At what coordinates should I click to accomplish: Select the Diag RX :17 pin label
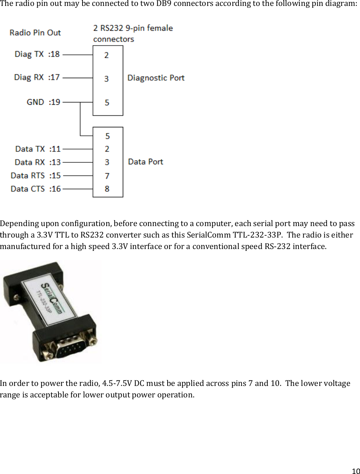37,77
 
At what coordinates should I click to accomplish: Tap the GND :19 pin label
43,102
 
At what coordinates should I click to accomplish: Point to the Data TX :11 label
38,149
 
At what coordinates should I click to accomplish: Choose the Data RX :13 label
37,162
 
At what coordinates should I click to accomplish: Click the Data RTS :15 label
36,175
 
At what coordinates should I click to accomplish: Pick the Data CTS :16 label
36,189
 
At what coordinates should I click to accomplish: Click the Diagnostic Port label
156,78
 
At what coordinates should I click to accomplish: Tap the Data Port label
145,162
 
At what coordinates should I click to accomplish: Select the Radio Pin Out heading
35,33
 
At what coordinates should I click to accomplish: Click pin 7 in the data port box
107,175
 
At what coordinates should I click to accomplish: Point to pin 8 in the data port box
107,189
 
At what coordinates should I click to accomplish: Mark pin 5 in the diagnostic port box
107,102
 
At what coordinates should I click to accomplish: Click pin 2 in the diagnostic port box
107,55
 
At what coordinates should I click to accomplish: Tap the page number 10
355,471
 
